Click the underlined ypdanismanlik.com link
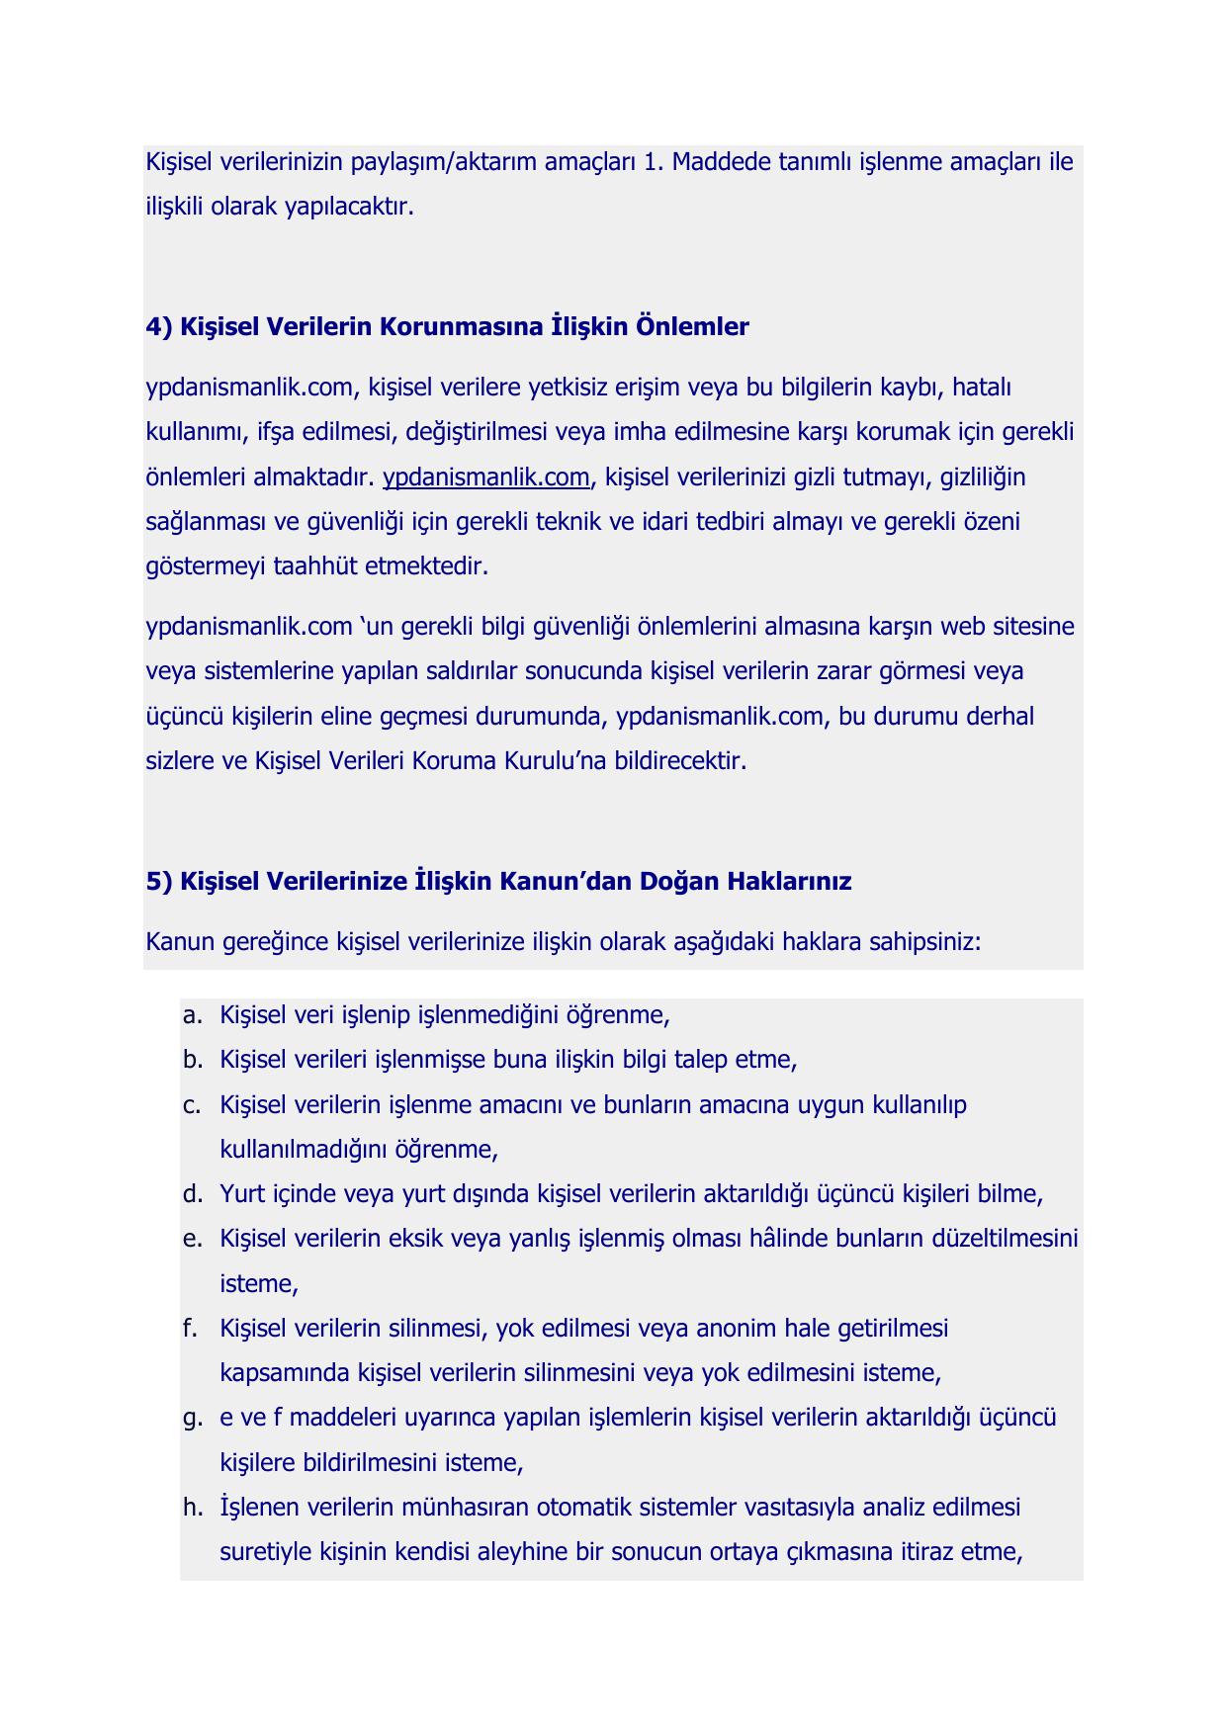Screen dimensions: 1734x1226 coord(485,477)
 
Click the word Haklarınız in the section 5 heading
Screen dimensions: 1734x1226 coord(789,881)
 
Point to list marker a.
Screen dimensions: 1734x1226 coord(192,1015)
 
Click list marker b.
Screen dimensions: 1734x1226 coord(192,1060)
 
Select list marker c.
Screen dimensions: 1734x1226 coord(192,1104)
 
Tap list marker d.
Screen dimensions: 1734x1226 coord(192,1194)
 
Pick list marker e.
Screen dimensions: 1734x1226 coord(192,1239)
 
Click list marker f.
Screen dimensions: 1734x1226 coord(192,1328)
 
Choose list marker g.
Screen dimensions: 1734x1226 coord(192,1419)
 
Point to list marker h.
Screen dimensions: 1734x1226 coord(192,1508)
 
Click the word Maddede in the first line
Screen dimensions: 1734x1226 coord(717,161)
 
